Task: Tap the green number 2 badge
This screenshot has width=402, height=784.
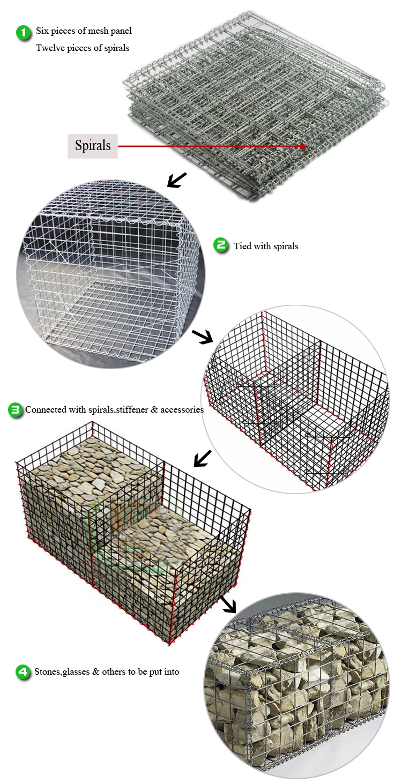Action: pos(221,246)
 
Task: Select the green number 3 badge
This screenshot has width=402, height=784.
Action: pos(15,410)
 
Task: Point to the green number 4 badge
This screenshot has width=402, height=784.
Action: pos(23,672)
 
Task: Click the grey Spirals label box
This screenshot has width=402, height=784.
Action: pos(92,146)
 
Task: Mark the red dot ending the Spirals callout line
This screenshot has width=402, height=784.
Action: pos(303,146)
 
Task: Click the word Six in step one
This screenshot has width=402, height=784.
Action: pos(42,31)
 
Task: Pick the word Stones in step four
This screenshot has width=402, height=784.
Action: pos(48,672)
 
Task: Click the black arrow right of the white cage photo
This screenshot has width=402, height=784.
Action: pos(203,337)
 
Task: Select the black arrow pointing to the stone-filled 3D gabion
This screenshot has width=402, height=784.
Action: pos(202,458)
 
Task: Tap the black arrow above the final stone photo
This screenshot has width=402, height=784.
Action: pos(228,603)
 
